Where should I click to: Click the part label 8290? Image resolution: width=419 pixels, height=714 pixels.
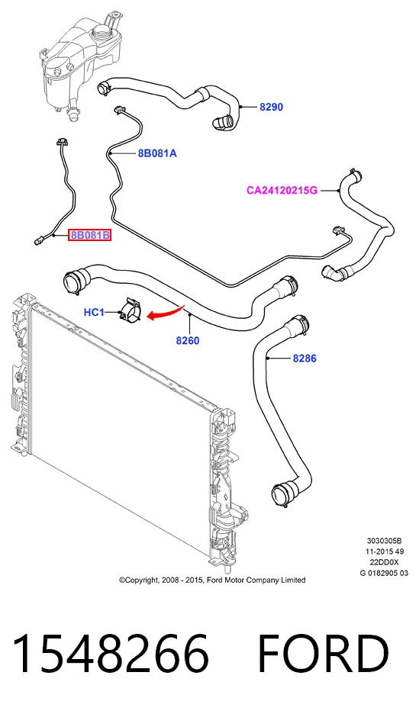coord(271,107)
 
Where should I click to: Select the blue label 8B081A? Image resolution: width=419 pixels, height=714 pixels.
coord(157,153)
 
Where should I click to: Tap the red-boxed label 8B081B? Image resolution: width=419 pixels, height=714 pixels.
coord(90,236)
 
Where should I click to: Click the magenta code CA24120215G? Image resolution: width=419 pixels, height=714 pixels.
coord(282,191)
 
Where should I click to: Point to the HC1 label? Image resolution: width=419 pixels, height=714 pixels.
coord(95,313)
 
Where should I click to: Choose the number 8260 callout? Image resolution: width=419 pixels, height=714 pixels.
coord(188,340)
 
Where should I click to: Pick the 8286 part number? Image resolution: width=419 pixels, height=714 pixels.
coord(305,359)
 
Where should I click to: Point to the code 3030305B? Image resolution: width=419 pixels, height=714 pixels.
coord(385,541)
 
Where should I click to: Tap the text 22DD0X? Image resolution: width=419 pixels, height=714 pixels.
coord(385,562)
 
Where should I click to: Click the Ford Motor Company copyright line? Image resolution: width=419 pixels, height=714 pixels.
coord(212,580)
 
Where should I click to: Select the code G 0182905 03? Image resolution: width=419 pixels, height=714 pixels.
coord(385,573)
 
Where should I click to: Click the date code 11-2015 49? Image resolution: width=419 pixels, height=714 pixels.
coord(385,552)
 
